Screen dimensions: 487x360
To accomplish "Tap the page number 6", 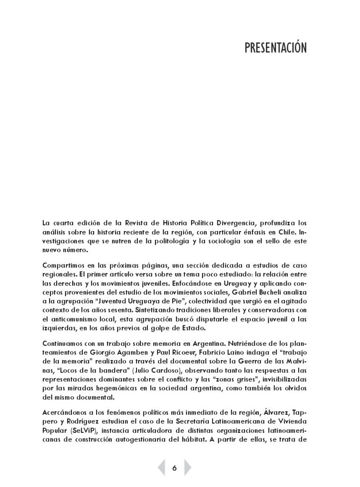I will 175,468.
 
